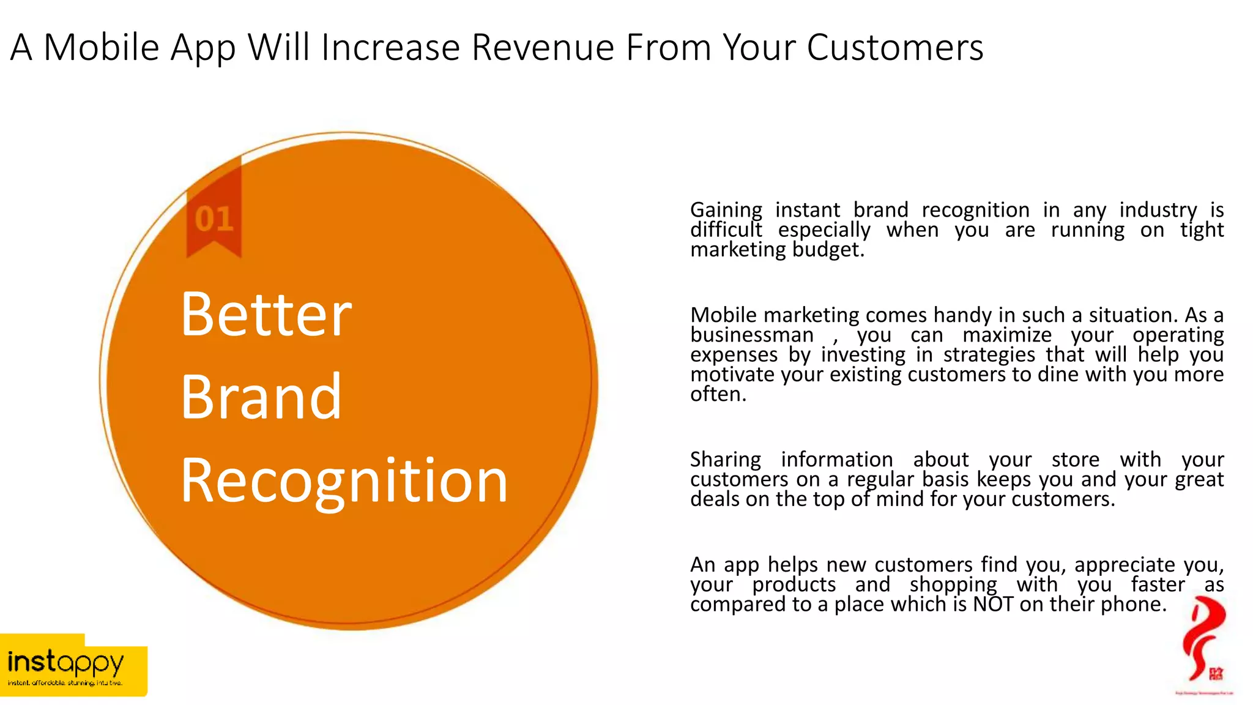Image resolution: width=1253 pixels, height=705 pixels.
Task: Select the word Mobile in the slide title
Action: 102,48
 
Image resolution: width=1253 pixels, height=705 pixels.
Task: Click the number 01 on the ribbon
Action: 214,219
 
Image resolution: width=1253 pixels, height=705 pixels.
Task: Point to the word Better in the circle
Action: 266,315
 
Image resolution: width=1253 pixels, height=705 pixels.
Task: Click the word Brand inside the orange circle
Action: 261,398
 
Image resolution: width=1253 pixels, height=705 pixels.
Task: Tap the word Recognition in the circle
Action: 344,482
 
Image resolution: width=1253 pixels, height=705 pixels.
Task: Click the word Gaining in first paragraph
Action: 726,211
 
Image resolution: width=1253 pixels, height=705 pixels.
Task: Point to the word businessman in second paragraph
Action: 751,335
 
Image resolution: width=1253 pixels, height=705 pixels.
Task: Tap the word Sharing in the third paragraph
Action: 725,460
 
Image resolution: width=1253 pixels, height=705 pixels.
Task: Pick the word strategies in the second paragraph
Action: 989,355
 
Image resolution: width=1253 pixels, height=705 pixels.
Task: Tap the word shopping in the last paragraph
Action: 953,585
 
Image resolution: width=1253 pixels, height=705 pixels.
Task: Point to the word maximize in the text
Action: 1006,335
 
